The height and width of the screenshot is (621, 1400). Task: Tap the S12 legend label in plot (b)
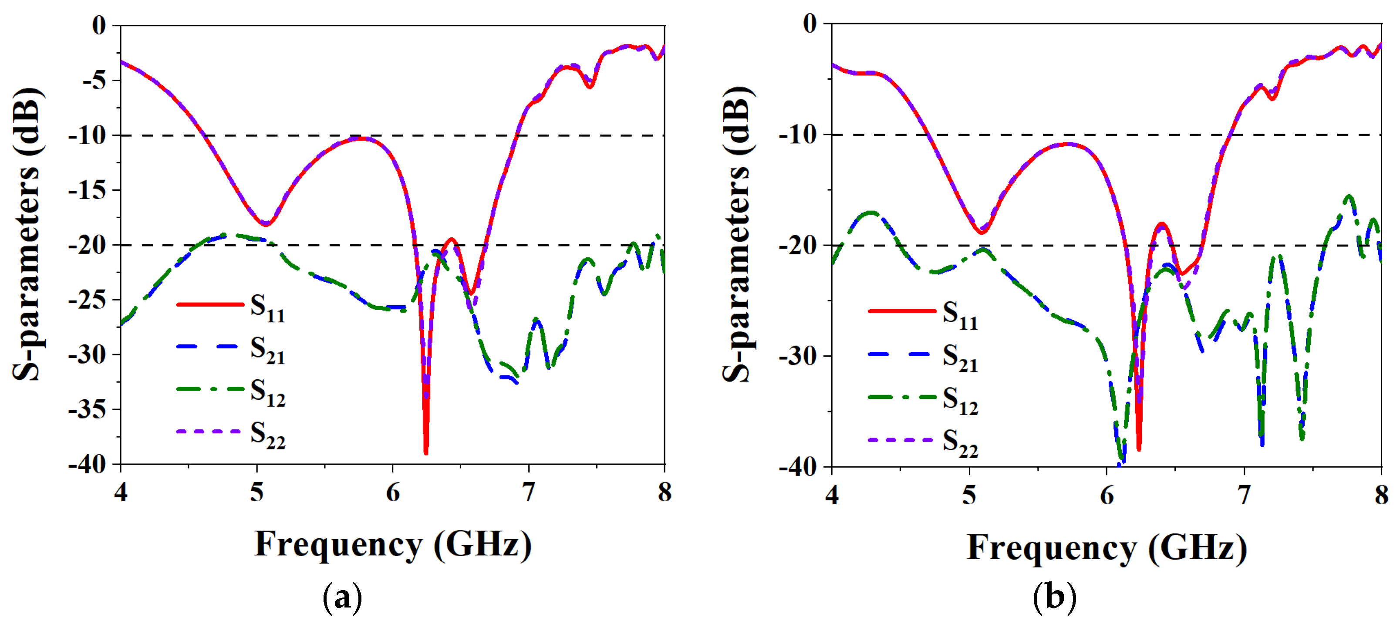[960, 401]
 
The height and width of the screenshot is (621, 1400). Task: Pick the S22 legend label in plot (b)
[960, 443]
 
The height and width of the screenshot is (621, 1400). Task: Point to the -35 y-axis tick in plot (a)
[87, 409]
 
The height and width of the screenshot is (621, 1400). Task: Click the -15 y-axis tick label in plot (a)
[87, 190]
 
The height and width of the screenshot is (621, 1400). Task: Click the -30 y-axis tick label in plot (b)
[797, 356]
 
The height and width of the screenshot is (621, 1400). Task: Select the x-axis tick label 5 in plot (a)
[256, 492]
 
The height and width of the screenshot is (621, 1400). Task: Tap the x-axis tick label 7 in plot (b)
[1244, 495]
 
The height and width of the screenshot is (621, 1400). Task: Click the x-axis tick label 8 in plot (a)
[664, 492]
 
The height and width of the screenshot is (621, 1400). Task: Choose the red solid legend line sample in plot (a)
[210, 305]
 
